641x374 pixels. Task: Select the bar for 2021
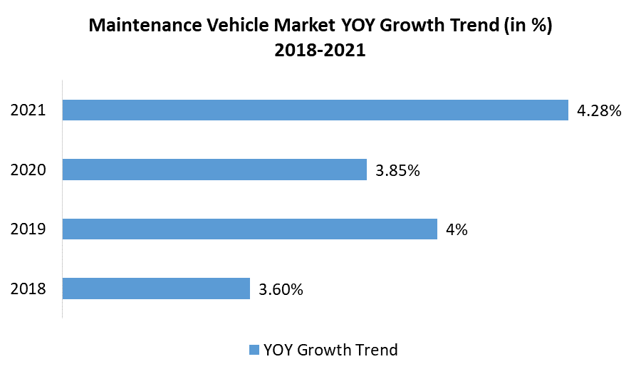click(x=315, y=110)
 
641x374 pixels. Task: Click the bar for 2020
click(x=214, y=170)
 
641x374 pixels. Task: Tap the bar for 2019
click(x=249, y=229)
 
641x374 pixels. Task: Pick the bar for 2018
click(x=156, y=289)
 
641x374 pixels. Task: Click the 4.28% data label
click(x=598, y=110)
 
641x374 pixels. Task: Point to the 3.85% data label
click(x=397, y=170)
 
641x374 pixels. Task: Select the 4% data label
click(x=457, y=229)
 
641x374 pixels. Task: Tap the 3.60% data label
click(x=281, y=289)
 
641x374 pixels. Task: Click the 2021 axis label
click(x=28, y=110)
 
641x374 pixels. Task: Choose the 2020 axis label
click(x=28, y=170)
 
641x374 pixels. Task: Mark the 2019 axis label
click(x=28, y=229)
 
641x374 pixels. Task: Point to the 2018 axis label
click(x=28, y=289)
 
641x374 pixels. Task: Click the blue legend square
click(x=254, y=350)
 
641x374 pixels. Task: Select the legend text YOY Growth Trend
click(x=330, y=350)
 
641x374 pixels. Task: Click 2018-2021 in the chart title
click(x=320, y=51)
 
